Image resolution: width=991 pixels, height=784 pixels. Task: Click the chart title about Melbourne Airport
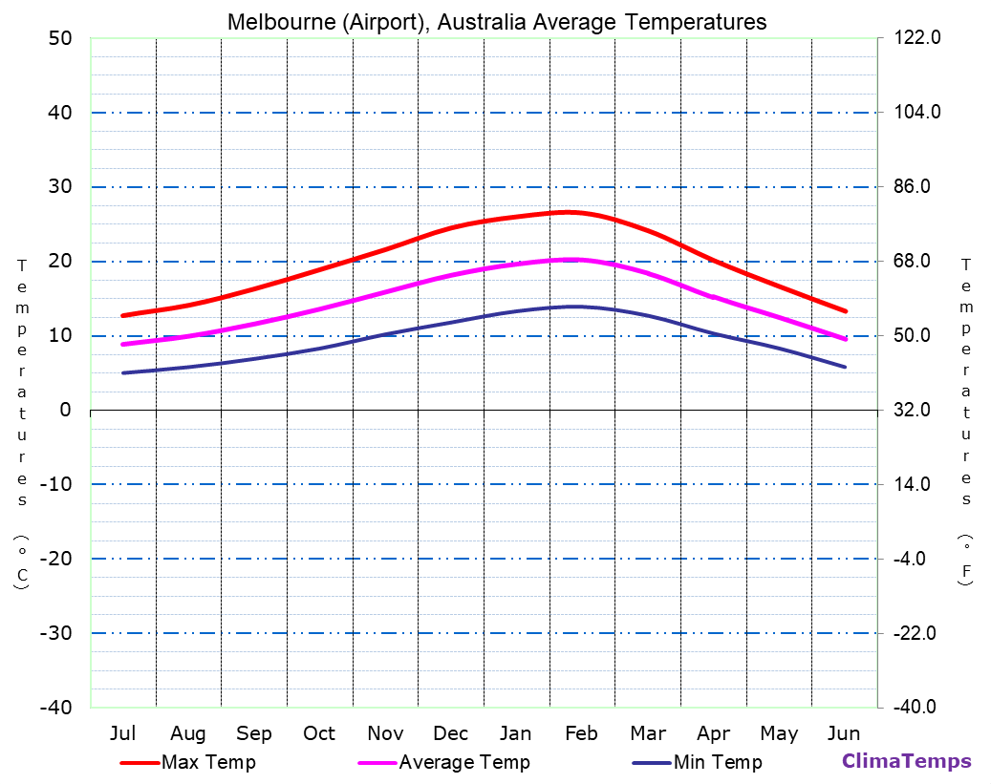coord(497,21)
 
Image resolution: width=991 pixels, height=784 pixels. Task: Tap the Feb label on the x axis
coord(581,733)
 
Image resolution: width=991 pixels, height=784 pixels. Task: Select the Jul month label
coord(122,733)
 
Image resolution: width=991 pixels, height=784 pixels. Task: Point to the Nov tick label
coord(385,733)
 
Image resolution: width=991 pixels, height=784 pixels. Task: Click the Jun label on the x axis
coord(843,733)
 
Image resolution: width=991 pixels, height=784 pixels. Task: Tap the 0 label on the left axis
coord(65,410)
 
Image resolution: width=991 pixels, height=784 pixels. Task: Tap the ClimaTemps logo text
coord(906,761)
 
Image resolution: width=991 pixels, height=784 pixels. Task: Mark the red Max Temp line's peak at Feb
coord(568,212)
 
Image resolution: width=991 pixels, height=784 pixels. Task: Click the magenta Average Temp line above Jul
coord(123,344)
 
